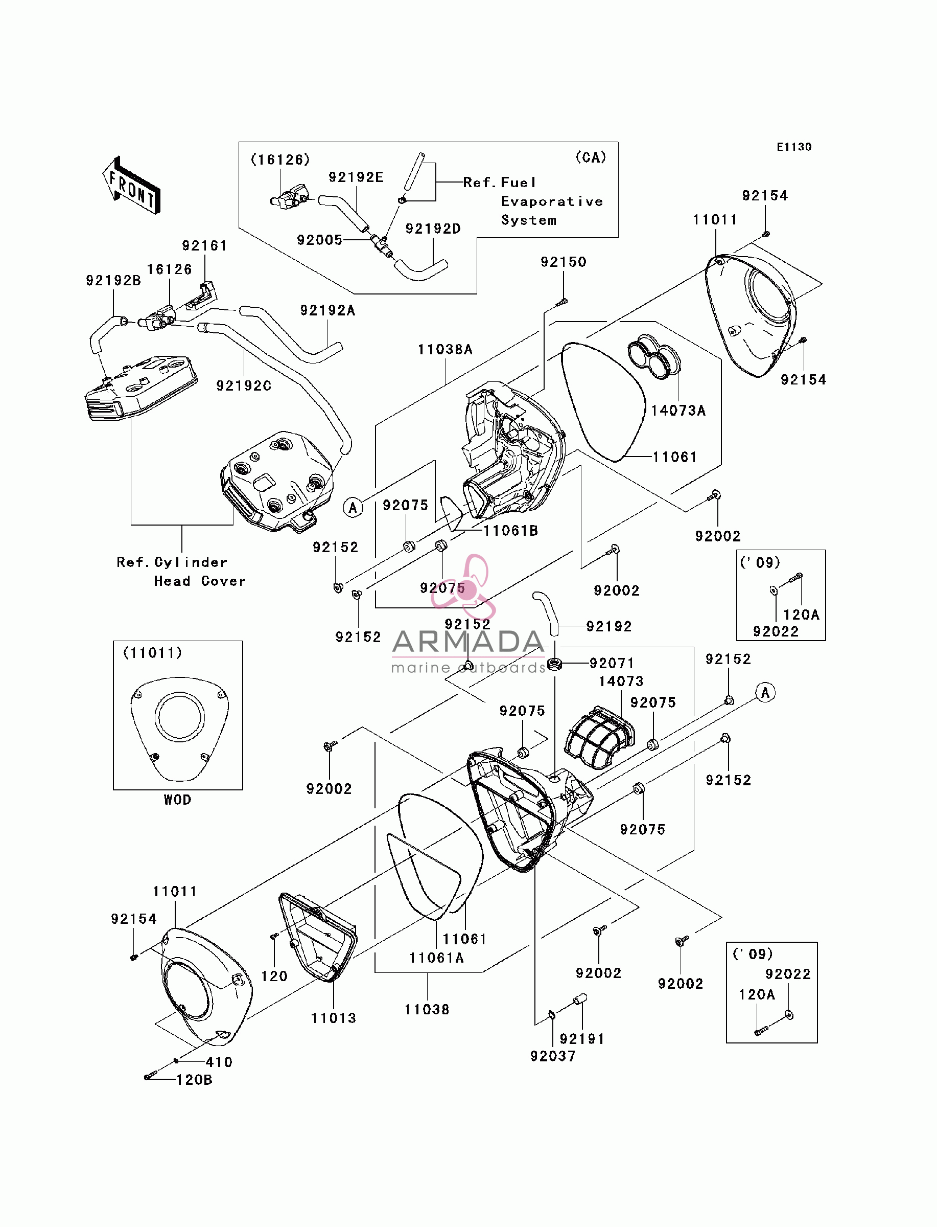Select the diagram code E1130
point(794,147)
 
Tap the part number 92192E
point(356,177)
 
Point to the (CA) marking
point(591,157)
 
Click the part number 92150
point(564,262)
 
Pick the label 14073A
point(678,411)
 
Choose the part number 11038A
point(445,349)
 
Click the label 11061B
point(510,531)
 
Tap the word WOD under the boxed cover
point(177,800)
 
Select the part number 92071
point(612,664)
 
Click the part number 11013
point(334,1018)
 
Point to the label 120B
point(194,1080)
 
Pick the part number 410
point(219,1062)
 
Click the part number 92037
point(553,1056)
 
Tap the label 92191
point(582,1038)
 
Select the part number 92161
point(204,245)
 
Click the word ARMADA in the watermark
point(468,642)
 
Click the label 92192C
point(244,385)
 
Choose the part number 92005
point(320,240)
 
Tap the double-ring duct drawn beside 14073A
point(653,356)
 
